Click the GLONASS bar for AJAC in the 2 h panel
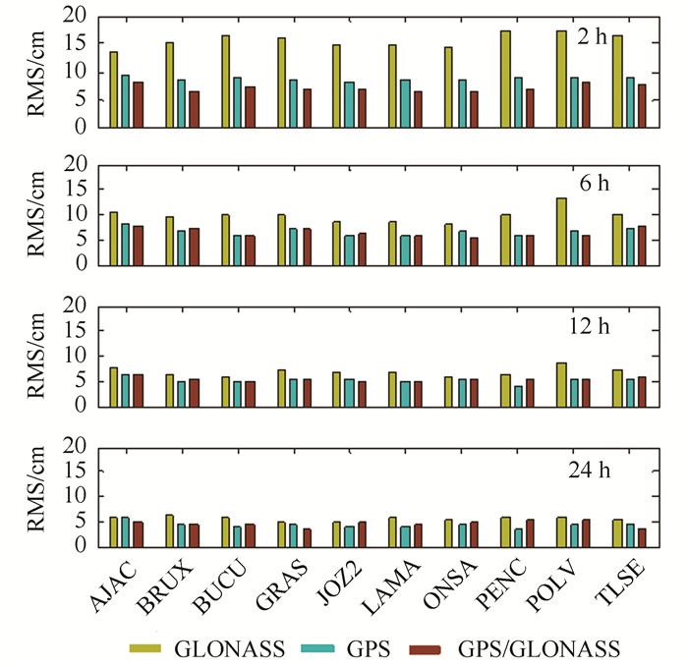(x=114, y=89)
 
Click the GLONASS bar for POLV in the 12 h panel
(x=561, y=384)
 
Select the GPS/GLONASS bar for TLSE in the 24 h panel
(x=642, y=538)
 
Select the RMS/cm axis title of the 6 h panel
(x=39, y=214)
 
